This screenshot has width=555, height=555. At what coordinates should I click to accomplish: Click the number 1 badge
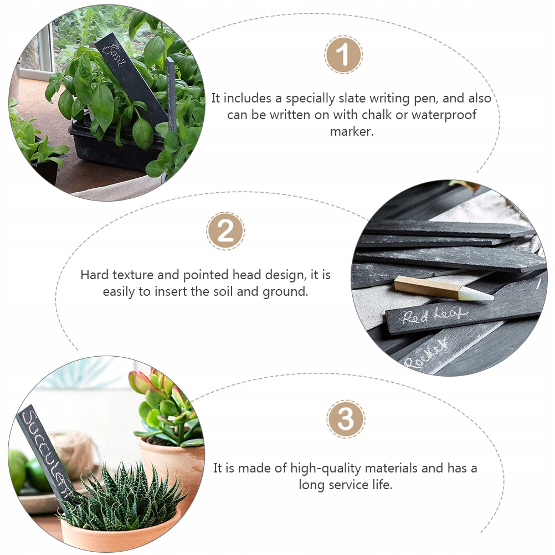(343, 55)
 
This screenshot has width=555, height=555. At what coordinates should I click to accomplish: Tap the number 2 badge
(225, 230)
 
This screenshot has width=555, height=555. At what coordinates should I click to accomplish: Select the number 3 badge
(346, 419)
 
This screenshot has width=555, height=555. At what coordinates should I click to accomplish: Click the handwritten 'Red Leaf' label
(435, 316)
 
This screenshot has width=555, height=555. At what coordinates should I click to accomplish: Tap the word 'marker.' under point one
(352, 131)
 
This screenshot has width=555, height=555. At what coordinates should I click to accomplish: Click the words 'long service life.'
(346, 484)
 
